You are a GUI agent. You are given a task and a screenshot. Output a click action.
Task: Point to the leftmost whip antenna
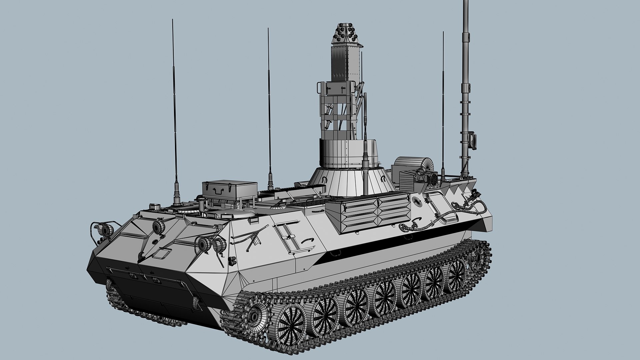[174, 110]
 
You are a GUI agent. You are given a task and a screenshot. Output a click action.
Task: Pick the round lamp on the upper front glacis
[159, 227]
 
